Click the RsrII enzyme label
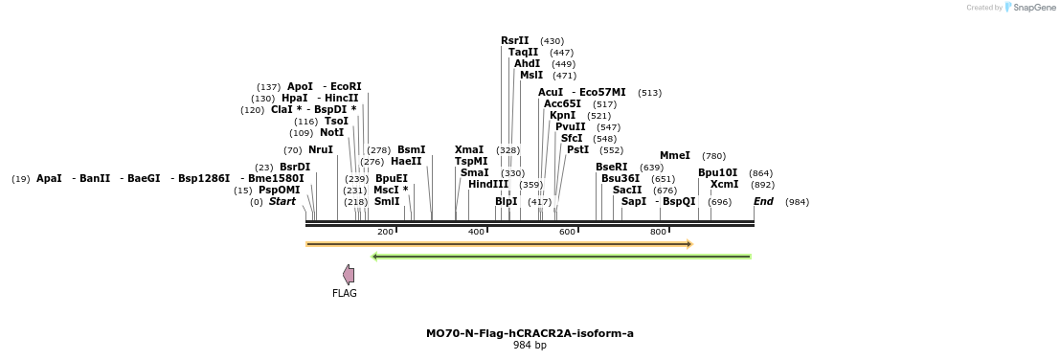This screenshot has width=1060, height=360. point(514,41)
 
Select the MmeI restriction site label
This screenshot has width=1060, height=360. point(674,156)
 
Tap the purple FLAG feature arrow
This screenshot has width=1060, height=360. point(349,275)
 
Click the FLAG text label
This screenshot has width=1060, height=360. point(345,294)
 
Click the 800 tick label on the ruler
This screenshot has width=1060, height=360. point(658,232)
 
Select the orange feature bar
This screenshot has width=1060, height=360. point(498,244)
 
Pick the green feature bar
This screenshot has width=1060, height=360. point(561,257)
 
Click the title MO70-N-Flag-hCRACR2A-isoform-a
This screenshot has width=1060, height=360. point(530,334)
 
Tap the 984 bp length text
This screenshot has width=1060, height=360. point(530,345)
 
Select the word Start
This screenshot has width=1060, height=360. point(282,202)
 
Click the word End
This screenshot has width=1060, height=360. point(763,202)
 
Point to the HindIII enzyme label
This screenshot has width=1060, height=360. point(488,185)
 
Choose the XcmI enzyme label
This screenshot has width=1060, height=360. point(724,185)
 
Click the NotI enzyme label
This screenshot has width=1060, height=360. point(331,133)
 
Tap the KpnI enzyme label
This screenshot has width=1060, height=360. point(562,116)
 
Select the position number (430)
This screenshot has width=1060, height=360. point(552,41)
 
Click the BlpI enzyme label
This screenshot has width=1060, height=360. point(506,202)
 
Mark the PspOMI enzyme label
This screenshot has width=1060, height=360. point(280,191)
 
